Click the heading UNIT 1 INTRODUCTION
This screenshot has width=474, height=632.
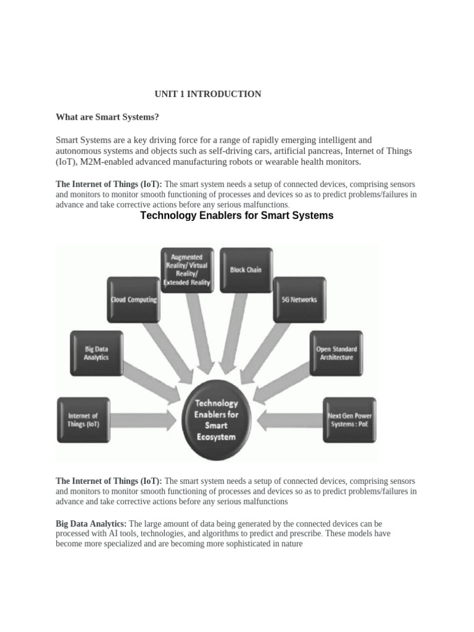coord(207,94)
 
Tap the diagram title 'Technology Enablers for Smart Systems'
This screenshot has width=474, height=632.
coord(237,215)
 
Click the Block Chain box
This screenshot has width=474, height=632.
coord(246,270)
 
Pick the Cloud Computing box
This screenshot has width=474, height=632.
coord(133,299)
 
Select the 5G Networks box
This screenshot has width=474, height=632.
coord(299,299)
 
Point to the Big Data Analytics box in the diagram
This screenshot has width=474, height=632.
coord(96,353)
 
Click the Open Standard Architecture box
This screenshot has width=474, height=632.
coord(336,353)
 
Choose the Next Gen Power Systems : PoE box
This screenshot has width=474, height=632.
coord(349,420)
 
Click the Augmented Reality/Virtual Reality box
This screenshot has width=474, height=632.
coord(186,270)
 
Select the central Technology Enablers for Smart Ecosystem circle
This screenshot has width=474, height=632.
coord(216,420)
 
